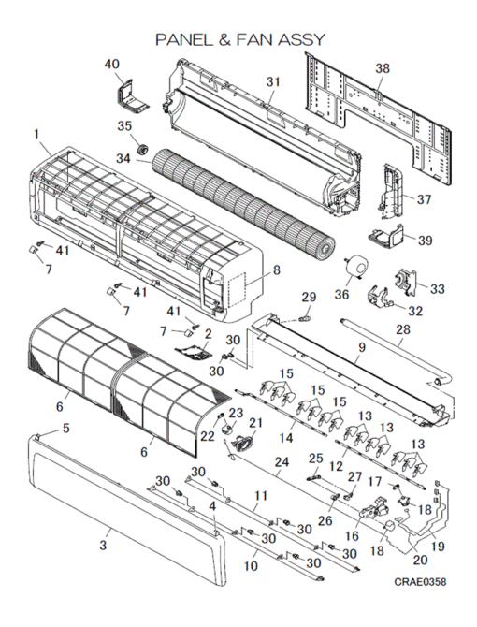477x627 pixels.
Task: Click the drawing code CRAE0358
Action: pos(420,581)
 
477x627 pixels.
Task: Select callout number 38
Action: pos(383,68)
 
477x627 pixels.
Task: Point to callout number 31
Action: pos(273,82)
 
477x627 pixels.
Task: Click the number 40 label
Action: pos(112,64)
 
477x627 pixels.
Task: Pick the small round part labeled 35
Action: pos(142,150)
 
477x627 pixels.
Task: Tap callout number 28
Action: pos(403,330)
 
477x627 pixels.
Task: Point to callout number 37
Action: pos(424,198)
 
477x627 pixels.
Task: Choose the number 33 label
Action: pos(438,289)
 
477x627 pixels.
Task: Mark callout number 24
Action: pos(282,462)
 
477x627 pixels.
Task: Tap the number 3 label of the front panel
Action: pos(103,545)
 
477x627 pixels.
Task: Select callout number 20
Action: pos(420,560)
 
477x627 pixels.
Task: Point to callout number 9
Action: pos(361,347)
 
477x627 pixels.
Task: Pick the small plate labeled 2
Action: pos(195,353)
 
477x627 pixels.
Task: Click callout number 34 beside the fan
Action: pos(123,159)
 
